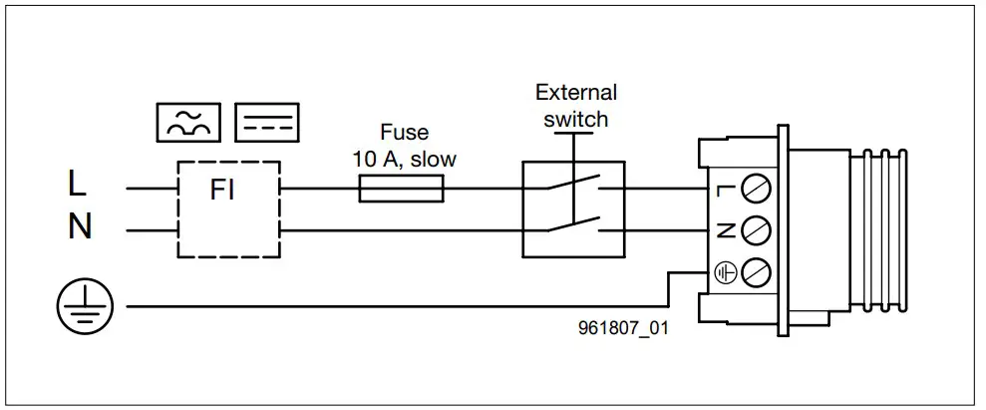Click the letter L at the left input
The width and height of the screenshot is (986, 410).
pyautogui.click(x=77, y=184)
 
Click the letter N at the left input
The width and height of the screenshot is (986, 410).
pyautogui.click(x=79, y=228)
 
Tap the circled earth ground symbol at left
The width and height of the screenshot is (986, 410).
pyautogui.click(x=84, y=307)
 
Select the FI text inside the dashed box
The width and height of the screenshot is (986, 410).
pyautogui.click(x=223, y=190)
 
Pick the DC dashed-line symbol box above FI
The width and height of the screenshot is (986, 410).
pyautogui.click(x=268, y=122)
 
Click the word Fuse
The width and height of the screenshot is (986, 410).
pyautogui.click(x=405, y=133)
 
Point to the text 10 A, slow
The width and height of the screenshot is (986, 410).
pyautogui.click(x=405, y=158)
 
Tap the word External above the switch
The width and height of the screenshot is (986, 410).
pyautogui.click(x=576, y=93)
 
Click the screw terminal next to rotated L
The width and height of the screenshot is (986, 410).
pyautogui.click(x=756, y=188)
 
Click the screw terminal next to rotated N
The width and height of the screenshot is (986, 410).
pyautogui.click(x=756, y=229)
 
